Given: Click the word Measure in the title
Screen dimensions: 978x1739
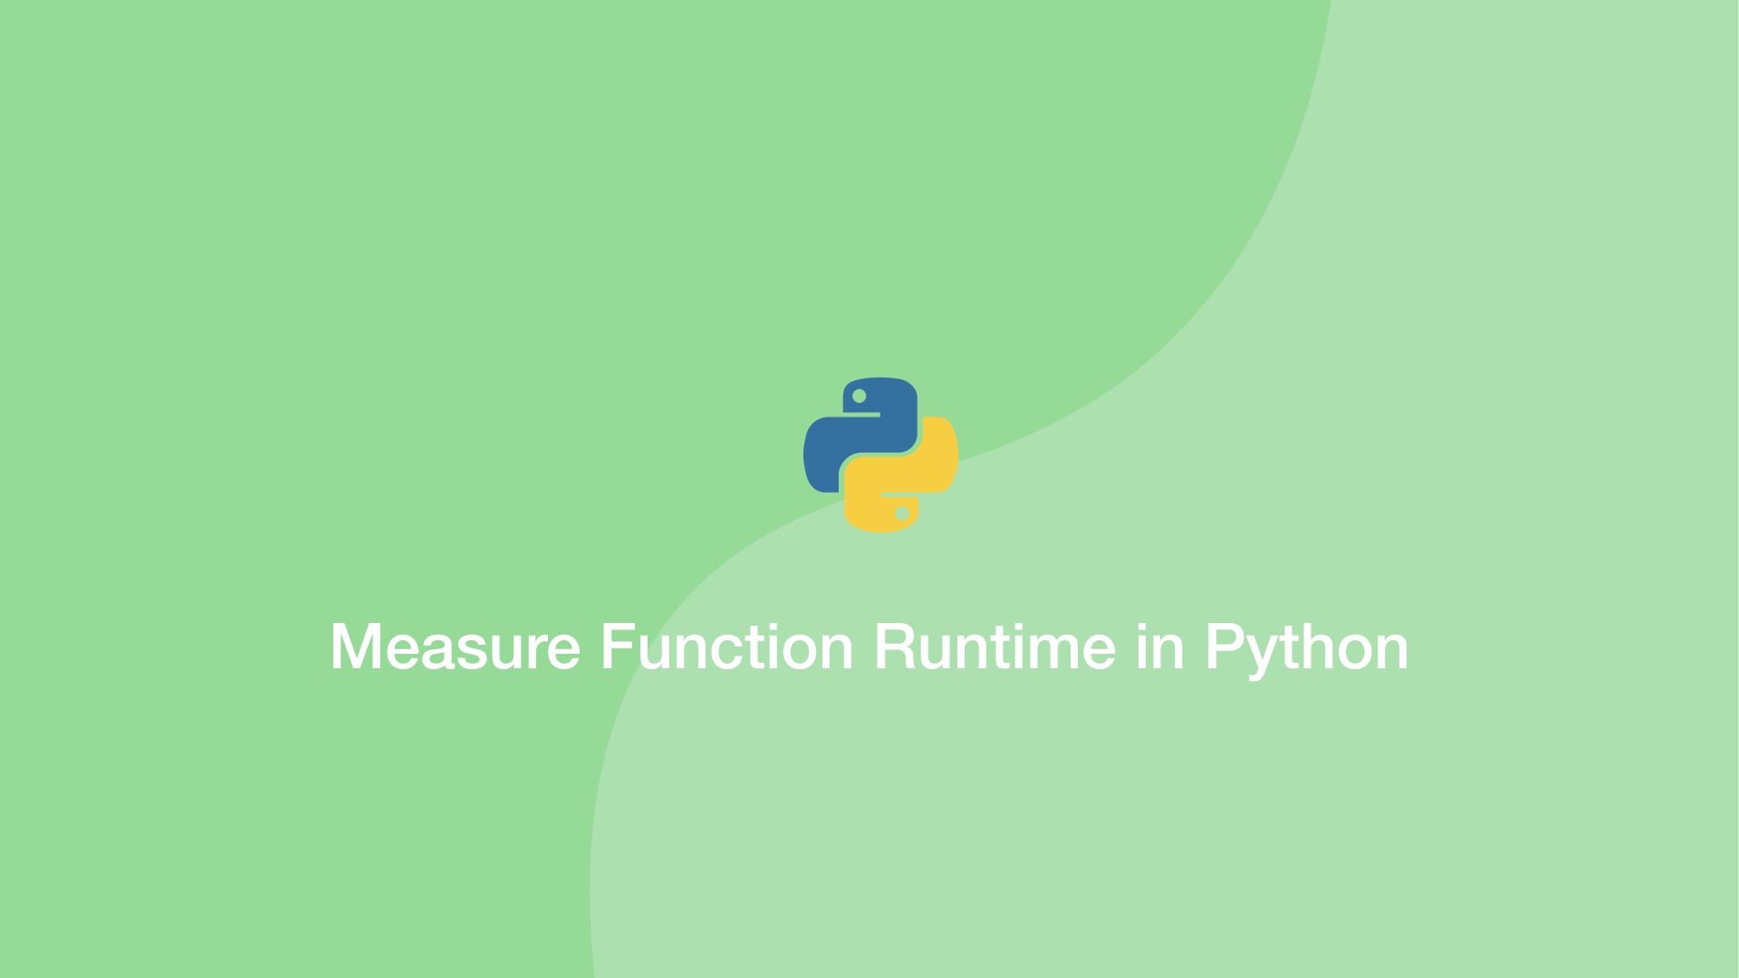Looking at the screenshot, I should [455, 647].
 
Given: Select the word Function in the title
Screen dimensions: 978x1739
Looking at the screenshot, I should [726, 647].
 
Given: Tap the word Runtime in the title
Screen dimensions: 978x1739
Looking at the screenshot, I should [994, 647].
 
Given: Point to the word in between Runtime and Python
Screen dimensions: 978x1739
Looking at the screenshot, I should [1159, 647].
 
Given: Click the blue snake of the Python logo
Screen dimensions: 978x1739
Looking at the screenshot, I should [847, 444].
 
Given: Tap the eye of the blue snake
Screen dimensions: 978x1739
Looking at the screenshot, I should [860, 396].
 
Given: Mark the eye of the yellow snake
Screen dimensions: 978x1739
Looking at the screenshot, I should [902, 513].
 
